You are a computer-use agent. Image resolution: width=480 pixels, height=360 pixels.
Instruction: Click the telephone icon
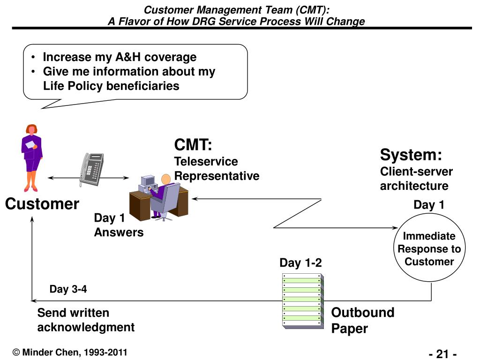tap(91, 170)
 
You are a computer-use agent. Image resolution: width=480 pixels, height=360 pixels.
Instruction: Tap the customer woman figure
tap(31, 158)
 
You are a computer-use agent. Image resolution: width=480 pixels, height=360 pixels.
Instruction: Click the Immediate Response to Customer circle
tap(429, 247)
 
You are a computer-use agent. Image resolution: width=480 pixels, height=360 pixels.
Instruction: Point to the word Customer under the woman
tap(42, 204)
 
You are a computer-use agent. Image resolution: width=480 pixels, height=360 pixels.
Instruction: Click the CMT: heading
tap(193, 144)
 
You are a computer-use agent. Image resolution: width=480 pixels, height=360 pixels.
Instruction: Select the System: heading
tap(411, 155)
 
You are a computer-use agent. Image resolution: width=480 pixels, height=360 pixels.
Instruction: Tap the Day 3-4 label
tap(68, 289)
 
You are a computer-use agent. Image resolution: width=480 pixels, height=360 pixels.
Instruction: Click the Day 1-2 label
tap(300, 262)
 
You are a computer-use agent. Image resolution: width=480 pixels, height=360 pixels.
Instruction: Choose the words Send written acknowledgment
tap(86, 320)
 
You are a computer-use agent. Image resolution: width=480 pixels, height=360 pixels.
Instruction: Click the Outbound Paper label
tap(363, 320)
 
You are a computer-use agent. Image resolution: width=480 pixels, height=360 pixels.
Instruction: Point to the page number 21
tap(442, 354)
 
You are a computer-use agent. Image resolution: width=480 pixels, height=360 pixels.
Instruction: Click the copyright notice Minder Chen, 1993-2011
tap(70, 352)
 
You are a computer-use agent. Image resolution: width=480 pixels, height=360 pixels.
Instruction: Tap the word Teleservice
tap(206, 161)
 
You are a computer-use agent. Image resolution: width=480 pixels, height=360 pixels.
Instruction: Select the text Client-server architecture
tap(416, 179)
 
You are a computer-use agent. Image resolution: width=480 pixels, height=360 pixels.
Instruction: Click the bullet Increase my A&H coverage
tap(120, 57)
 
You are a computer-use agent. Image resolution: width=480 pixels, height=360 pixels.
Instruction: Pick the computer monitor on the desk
tap(148, 181)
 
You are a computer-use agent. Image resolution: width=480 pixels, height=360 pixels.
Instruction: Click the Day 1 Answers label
tap(119, 225)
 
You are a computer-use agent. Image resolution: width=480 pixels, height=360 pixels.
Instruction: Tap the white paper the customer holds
tap(30, 144)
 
